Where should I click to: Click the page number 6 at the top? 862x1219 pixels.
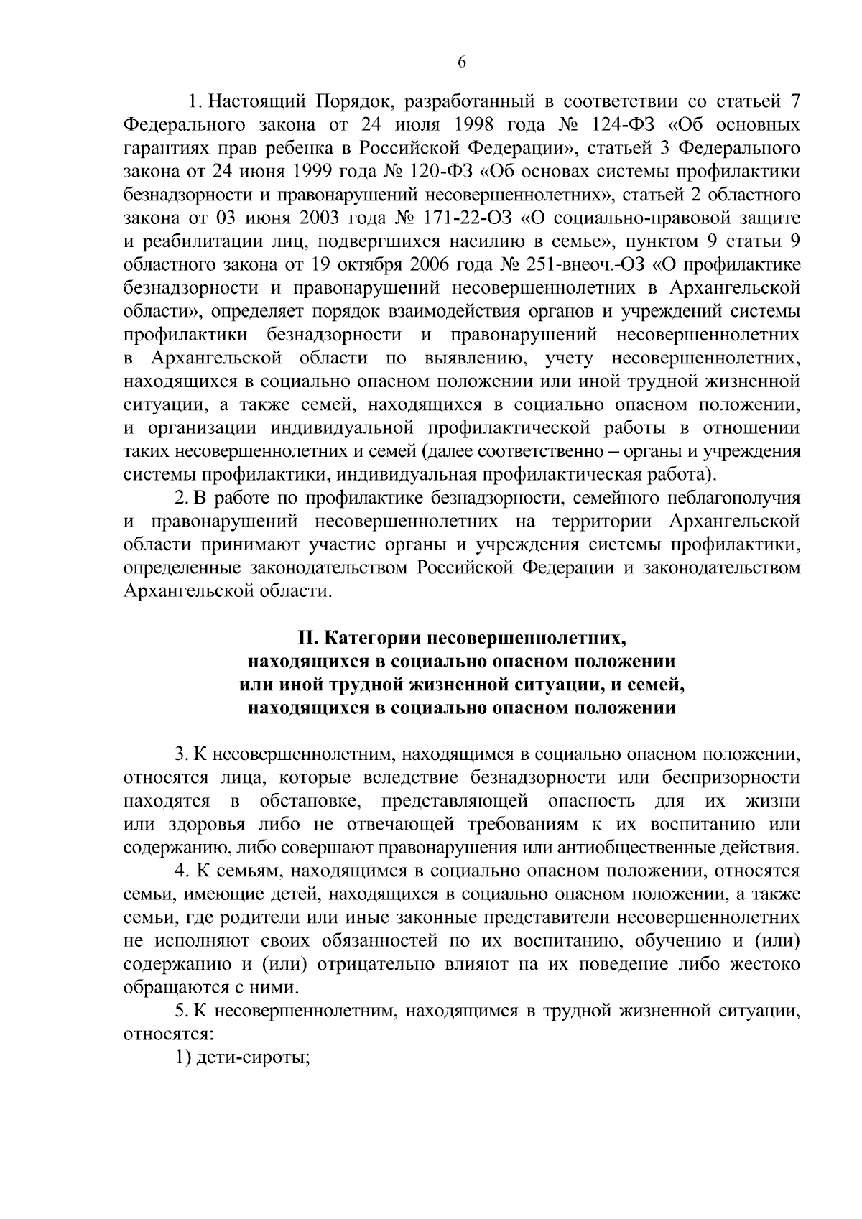click(x=462, y=62)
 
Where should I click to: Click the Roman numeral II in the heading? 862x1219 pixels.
click(x=308, y=638)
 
